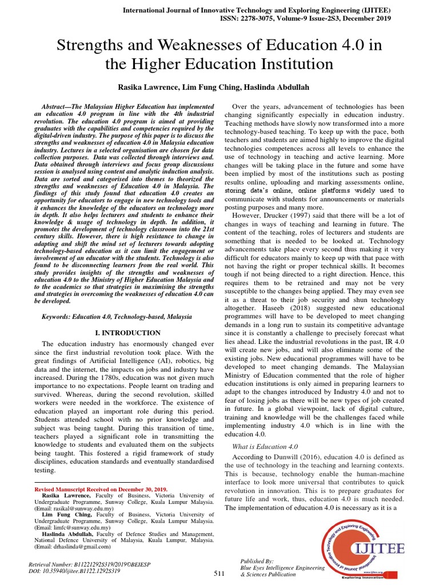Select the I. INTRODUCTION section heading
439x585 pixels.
pyautogui.click(x=126, y=332)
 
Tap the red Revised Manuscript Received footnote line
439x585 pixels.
pyautogui.click(x=101, y=490)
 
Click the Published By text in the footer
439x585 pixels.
pyautogui.click(x=258, y=562)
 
